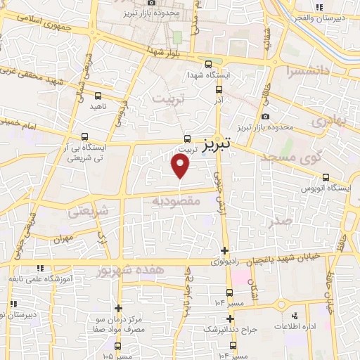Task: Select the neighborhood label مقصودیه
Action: click(176, 201)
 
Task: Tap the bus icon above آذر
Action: click(218, 89)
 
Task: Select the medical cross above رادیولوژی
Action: click(224, 250)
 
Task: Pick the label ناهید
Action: click(97, 106)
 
